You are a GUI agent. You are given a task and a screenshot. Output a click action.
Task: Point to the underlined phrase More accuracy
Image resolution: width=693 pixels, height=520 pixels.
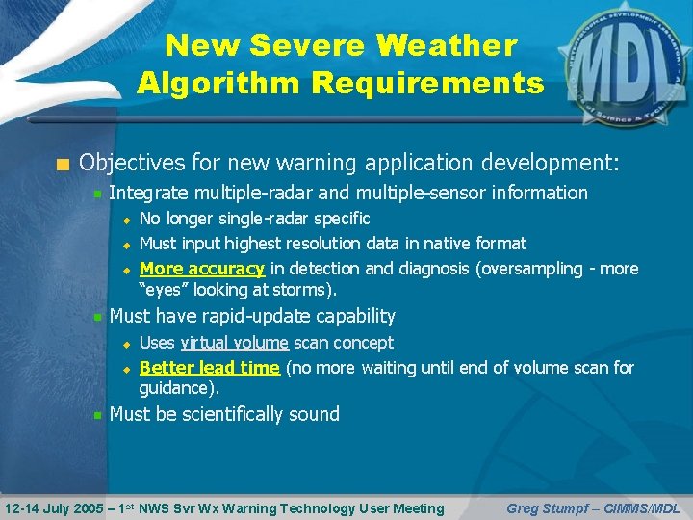pyautogui.click(x=202, y=269)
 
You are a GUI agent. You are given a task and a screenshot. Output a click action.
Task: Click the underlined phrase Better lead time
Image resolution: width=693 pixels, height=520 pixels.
pyautogui.click(x=210, y=367)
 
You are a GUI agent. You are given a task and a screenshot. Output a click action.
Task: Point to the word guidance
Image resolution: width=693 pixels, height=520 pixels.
pyautogui.click(x=176, y=387)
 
